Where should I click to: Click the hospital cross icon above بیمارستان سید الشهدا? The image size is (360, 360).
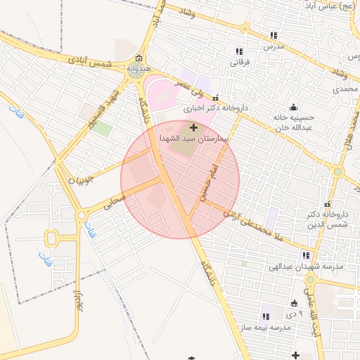click(194, 127)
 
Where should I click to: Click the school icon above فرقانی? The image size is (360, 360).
click(239, 51)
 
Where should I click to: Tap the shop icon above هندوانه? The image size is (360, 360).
click(139, 59)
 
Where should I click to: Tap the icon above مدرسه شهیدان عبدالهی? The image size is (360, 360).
click(306, 256)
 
